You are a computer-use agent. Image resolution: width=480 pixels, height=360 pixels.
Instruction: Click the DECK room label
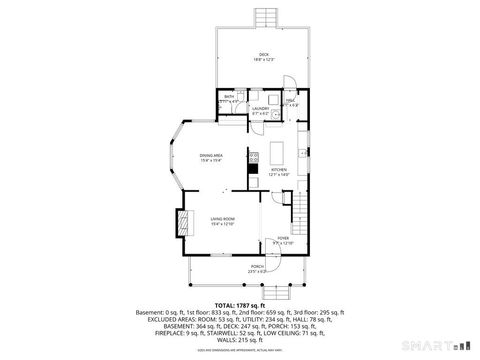click(264, 54)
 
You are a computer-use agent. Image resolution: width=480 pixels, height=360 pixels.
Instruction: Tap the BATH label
click(228, 96)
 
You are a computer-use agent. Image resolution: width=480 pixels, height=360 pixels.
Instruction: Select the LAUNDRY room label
click(259, 107)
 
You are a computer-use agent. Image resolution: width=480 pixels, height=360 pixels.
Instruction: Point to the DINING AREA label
click(210, 155)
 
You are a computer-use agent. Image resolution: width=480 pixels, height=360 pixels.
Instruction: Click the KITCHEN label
click(279, 170)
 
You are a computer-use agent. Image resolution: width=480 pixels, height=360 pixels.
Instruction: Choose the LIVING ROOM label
click(222, 219)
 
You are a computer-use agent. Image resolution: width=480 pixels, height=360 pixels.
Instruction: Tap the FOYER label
click(282, 238)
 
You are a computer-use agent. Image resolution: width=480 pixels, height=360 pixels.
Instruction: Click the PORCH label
click(257, 266)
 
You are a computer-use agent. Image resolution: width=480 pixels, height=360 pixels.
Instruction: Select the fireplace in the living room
click(180, 222)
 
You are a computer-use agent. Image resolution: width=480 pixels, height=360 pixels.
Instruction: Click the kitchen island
click(279, 153)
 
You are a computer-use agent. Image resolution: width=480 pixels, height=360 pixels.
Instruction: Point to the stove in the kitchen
click(254, 156)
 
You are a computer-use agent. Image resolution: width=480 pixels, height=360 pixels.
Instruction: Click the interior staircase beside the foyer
click(297, 209)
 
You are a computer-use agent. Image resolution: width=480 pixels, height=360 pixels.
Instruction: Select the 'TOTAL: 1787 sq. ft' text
click(239, 304)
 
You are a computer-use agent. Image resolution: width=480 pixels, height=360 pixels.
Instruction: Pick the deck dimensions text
click(264, 60)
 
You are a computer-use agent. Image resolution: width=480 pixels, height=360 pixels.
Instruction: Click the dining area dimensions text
click(210, 161)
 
